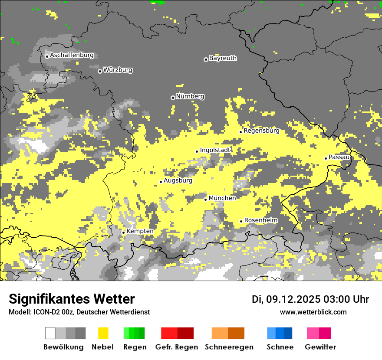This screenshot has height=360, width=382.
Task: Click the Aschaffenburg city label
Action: pos(72,56)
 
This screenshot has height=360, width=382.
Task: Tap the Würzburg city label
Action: pos(118,70)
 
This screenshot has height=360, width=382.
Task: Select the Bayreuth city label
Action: pos(223,58)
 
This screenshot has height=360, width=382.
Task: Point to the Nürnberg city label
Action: pos(190,96)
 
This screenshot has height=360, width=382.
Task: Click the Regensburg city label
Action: pos(261,131)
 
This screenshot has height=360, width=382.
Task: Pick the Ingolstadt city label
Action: pos(215,150)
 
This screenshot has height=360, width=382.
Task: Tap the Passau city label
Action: pos(339,157)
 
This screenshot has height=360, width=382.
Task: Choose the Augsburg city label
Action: pos(178,180)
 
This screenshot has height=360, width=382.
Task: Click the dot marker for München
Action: pos(206,200)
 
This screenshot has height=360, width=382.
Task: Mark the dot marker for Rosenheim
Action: pos(241,222)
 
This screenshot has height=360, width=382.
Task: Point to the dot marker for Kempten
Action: pos(124,232)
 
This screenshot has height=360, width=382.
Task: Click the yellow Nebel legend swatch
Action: pos(103,333)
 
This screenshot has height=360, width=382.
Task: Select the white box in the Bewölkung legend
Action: pos(50,333)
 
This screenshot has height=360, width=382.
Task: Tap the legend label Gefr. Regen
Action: pos(177,347)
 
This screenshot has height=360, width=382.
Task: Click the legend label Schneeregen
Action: pos(229,347)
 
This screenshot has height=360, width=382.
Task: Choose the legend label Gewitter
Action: pos(320,347)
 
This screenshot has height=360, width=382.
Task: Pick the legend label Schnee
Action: pos(280,347)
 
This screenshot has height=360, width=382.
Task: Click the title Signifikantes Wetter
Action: pos(72,299)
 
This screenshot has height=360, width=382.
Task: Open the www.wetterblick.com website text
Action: pos(313,312)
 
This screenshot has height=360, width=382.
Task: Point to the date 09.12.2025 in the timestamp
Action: pos(293,299)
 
